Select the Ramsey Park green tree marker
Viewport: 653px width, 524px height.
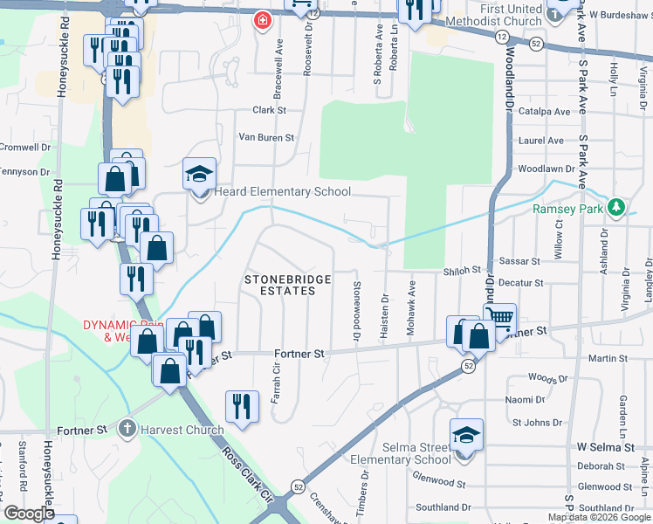[616, 208]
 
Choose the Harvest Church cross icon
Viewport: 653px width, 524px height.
[127, 429]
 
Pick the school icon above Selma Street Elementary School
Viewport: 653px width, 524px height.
[466, 434]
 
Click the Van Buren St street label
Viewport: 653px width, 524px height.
[266, 138]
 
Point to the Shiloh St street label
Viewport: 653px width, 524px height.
[463, 271]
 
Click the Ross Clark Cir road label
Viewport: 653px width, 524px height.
[249, 478]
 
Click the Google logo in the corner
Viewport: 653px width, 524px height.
[29, 514]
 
